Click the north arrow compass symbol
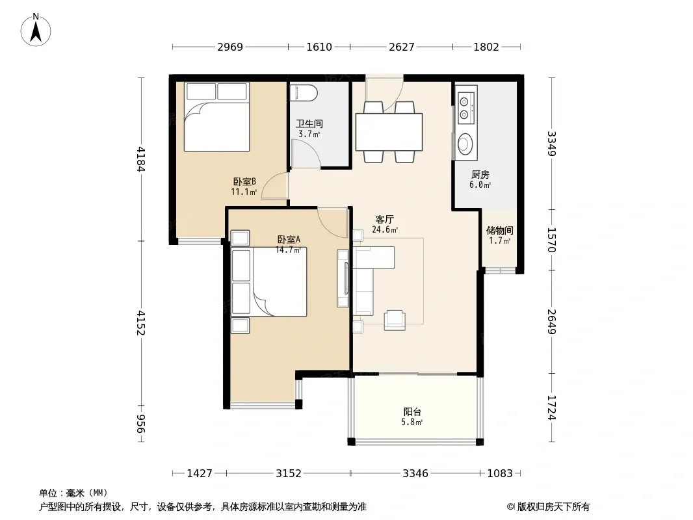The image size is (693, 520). tap(36, 30)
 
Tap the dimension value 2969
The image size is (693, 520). tap(230, 47)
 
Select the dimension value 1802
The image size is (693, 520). tap(486, 47)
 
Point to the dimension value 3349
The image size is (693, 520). tap(551, 144)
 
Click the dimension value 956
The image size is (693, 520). tap(140, 424)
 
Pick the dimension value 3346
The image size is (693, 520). tap(415, 474)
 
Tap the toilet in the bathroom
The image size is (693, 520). tap(304, 92)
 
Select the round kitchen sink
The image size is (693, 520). tap(465, 144)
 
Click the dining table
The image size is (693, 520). tap(389, 132)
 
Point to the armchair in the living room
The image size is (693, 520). tap(395, 320)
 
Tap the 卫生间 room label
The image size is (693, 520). tap(309, 123)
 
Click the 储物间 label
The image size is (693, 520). tap(499, 230)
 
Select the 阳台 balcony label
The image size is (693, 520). tap(412, 411)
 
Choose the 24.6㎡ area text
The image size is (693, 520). tap(385, 229)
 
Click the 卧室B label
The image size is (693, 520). tap(244, 181)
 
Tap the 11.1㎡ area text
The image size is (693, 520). tap(244, 192)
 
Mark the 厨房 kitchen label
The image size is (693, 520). tap(480, 174)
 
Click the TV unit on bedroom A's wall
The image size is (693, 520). tap(343, 278)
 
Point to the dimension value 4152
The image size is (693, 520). tap(140, 322)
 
